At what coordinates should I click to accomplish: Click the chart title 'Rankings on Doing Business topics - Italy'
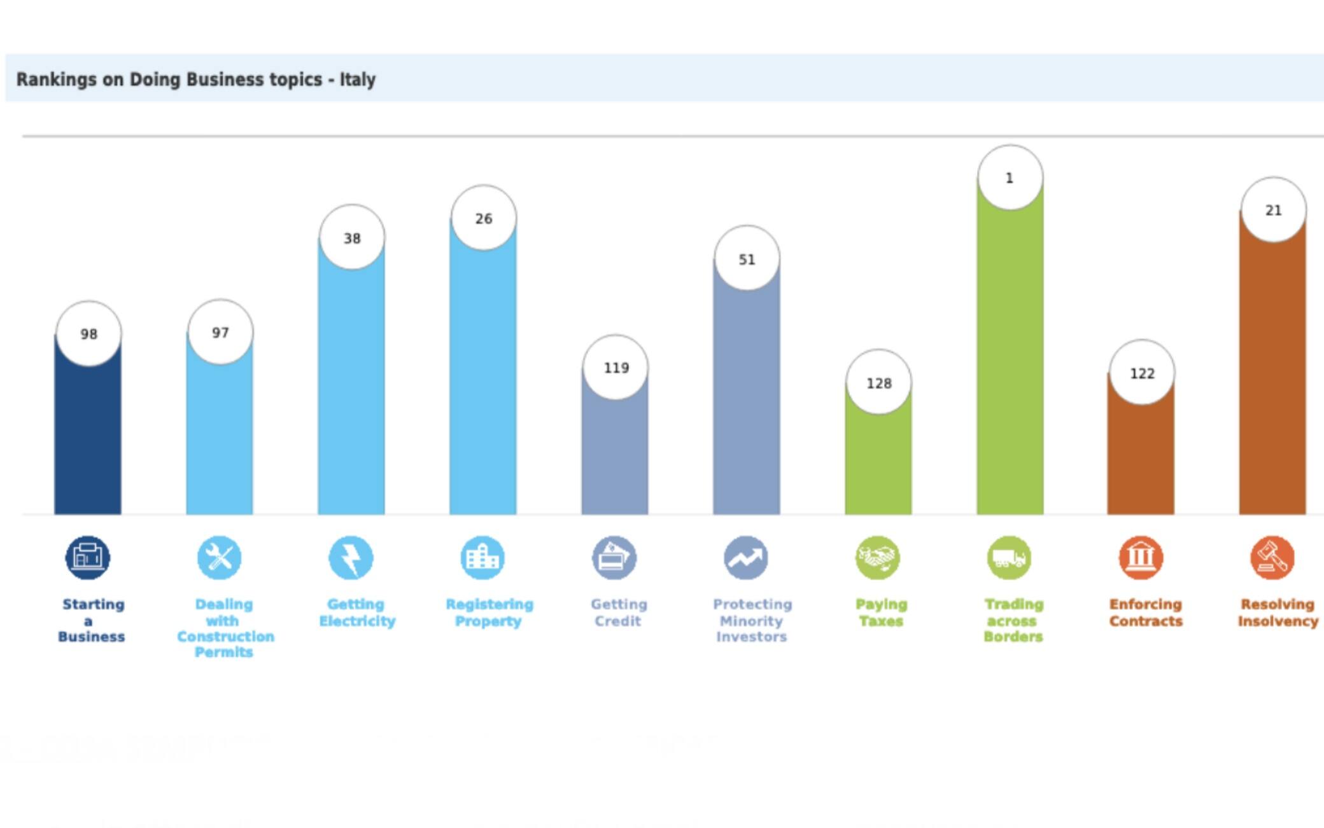click(x=196, y=79)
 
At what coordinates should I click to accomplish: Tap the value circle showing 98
click(x=88, y=334)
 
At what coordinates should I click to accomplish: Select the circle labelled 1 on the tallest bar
click(x=1010, y=178)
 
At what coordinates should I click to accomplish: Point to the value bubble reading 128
click(x=878, y=383)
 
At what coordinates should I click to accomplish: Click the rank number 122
click(x=1142, y=373)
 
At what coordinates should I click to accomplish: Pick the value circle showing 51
click(x=747, y=259)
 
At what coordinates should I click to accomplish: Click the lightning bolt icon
click(x=351, y=558)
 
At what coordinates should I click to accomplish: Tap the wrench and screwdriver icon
click(x=220, y=558)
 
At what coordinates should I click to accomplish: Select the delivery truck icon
click(x=1010, y=558)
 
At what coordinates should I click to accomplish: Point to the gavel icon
click(x=1272, y=558)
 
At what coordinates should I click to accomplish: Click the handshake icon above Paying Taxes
click(x=878, y=558)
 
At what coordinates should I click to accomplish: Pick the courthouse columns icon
click(x=1141, y=558)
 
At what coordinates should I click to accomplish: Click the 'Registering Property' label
click(x=489, y=612)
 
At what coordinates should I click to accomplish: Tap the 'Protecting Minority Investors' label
click(x=752, y=620)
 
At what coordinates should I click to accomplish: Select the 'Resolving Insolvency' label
click(x=1278, y=612)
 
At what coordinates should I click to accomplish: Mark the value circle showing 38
click(x=352, y=238)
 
